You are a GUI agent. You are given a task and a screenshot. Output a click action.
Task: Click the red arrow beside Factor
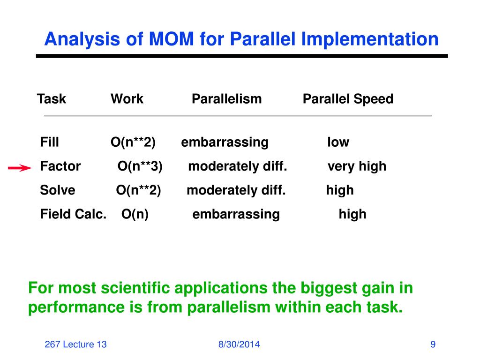20,168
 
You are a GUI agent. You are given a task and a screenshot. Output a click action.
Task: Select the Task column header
52,99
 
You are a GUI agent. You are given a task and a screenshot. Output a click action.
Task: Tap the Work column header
127,99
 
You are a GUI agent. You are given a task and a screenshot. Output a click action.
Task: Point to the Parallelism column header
226,99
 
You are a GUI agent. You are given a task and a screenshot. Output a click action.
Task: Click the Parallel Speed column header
348,99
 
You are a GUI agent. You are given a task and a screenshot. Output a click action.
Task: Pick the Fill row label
50,142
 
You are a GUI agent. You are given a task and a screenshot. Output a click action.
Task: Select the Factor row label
60,166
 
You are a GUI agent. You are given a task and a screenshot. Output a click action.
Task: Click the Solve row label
58,190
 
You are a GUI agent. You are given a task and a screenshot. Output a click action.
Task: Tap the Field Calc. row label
74,214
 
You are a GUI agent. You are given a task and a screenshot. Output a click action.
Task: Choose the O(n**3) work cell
140,166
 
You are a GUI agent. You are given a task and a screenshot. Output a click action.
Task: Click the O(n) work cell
135,214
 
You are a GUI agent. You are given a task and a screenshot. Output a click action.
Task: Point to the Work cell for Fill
133,142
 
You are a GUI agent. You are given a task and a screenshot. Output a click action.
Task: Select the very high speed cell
357,167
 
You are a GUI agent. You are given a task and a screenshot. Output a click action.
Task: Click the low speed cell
338,142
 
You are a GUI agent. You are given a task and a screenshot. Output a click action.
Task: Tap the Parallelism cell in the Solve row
236,191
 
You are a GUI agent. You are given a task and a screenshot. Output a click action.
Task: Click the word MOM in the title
172,39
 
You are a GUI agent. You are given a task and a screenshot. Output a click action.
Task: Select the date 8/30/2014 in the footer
239,345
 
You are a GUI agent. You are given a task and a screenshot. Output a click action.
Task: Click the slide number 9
433,345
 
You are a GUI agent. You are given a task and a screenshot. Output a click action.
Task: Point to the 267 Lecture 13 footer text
75,345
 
